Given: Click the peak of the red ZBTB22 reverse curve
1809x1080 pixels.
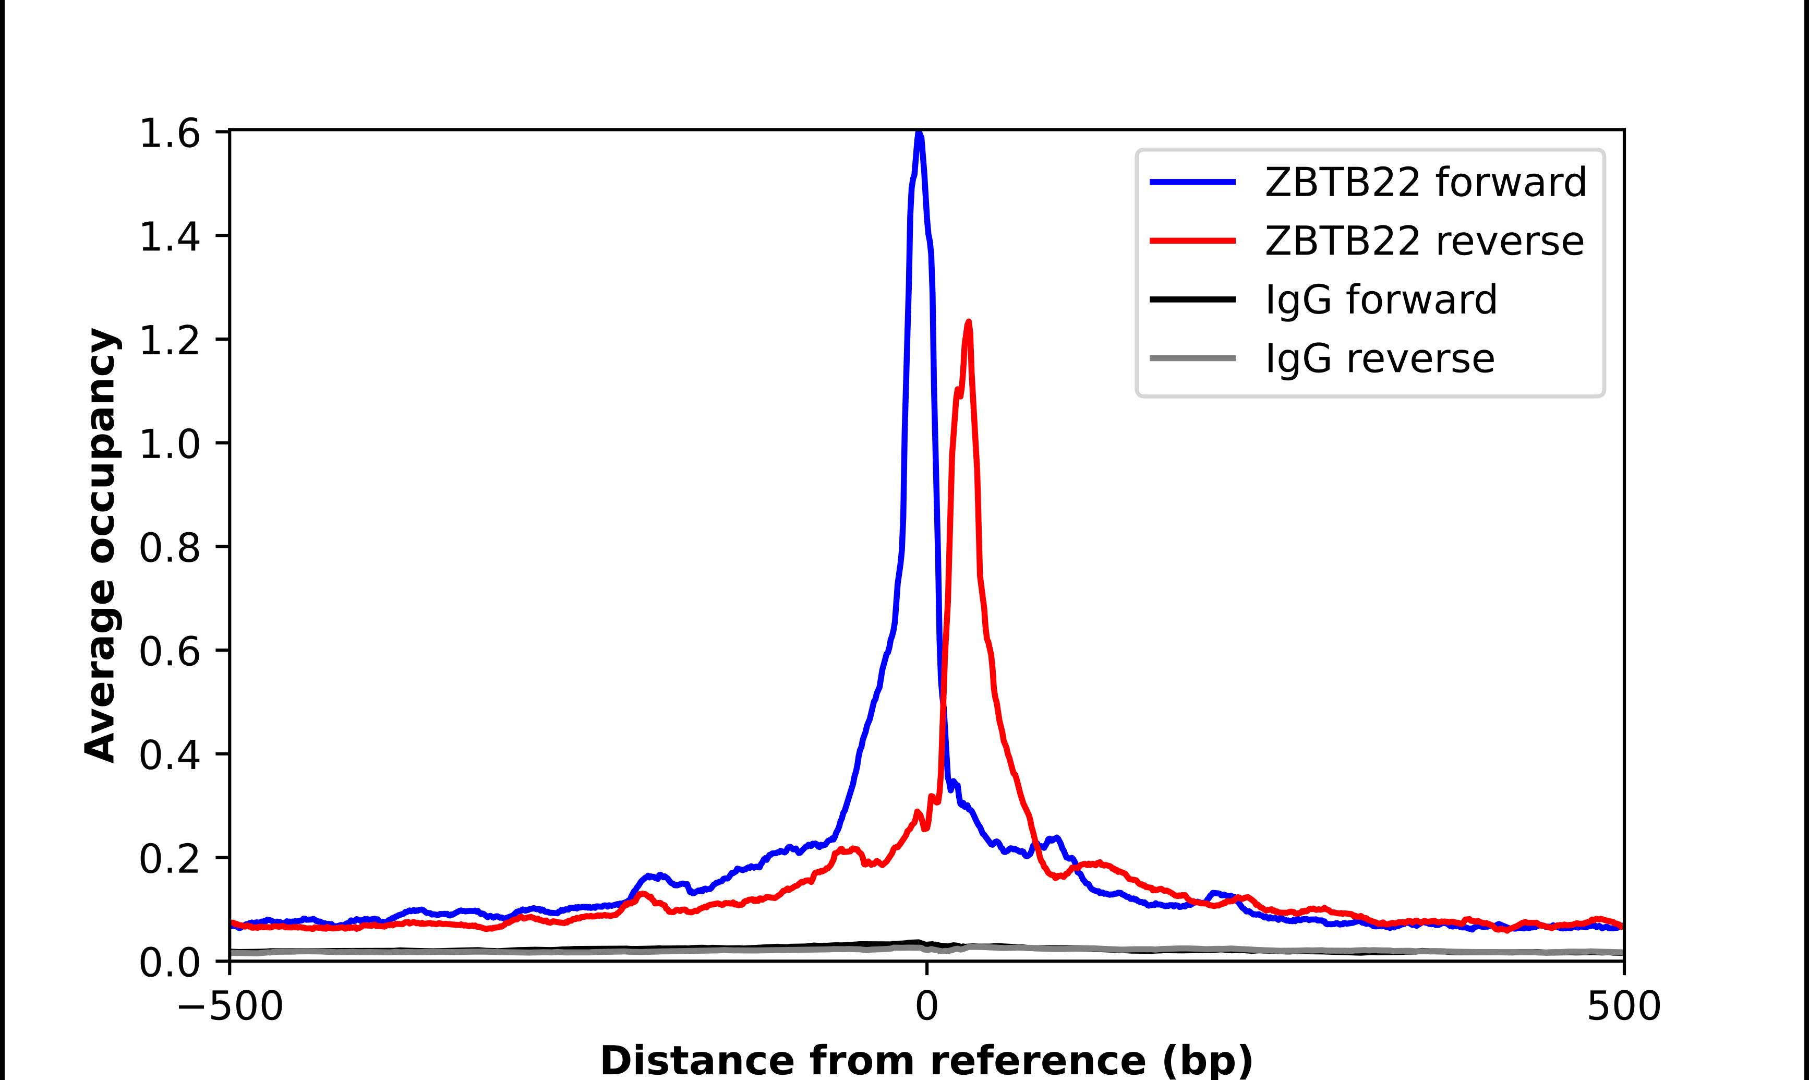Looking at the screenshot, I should click(968, 322).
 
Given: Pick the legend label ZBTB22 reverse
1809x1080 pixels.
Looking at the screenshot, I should click(1424, 241).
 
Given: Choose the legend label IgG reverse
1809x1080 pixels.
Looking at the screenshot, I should click(1380, 358).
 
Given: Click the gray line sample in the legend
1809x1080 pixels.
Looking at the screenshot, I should click(1193, 358).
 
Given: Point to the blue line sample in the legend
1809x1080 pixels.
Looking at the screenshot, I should click(1193, 182).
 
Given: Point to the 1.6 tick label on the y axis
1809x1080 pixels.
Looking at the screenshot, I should click(170, 135).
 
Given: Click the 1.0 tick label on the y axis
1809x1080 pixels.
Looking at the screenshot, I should click(170, 444).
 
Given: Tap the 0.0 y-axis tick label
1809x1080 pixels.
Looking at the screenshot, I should click(170, 963).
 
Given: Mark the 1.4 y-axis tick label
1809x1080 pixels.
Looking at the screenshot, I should click(170, 237).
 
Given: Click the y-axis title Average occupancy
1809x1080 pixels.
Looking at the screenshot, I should click(100, 546).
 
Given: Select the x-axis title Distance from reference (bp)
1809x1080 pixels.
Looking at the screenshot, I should click(926, 1060).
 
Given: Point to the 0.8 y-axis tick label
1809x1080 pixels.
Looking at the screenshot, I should click(170, 548).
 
